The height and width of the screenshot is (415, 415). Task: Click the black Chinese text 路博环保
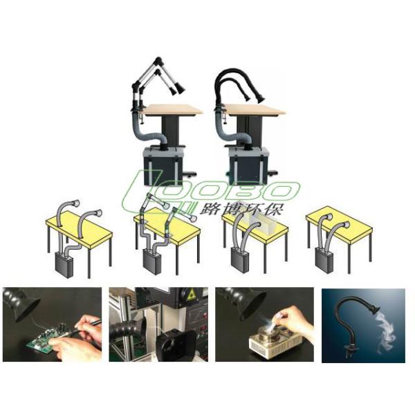pos(250,208)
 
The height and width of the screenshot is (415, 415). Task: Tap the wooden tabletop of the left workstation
pos(172,109)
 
